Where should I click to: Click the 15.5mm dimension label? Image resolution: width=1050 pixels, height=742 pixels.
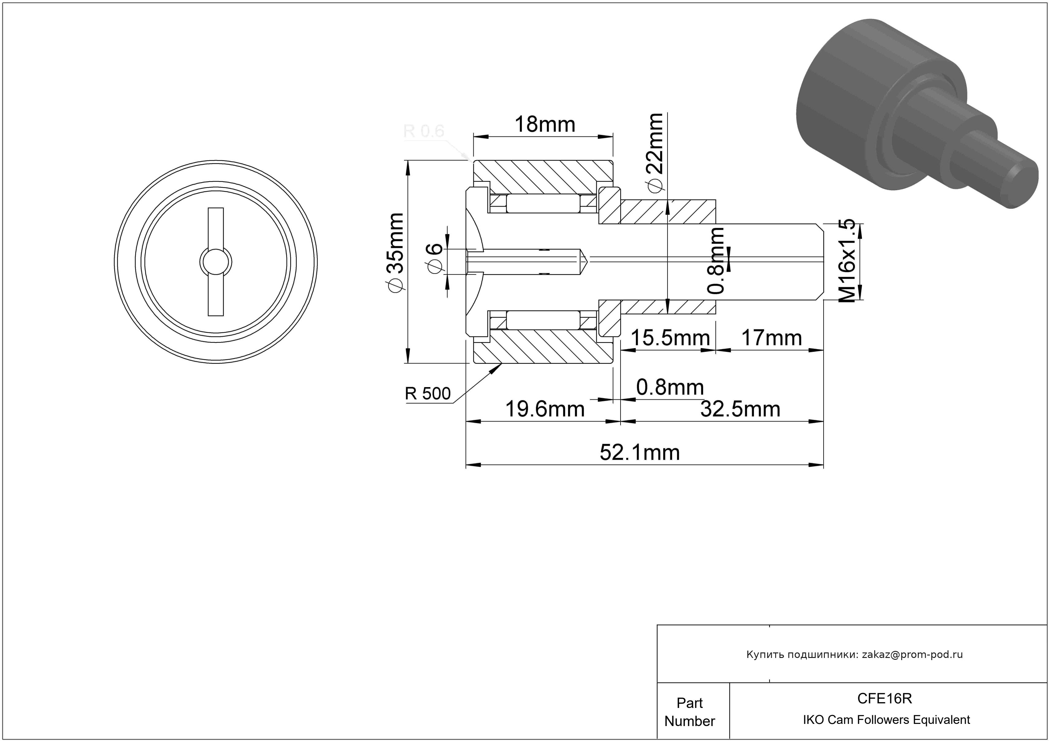click(670, 338)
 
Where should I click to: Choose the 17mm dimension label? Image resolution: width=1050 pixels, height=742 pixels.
click(771, 338)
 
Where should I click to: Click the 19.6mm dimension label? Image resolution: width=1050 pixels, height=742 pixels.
click(545, 409)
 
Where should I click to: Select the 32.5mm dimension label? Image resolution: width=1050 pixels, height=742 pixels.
click(740, 409)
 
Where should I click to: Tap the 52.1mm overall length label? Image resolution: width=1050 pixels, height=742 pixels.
click(639, 453)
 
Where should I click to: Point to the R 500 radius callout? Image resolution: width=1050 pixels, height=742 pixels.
click(428, 394)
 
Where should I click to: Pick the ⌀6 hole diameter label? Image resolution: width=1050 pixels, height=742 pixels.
click(435, 258)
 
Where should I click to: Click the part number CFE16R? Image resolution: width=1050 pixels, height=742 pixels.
click(884, 698)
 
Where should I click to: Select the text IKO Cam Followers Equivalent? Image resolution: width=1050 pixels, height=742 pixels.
click(886, 720)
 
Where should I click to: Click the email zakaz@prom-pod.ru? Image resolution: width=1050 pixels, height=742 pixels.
click(912, 654)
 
